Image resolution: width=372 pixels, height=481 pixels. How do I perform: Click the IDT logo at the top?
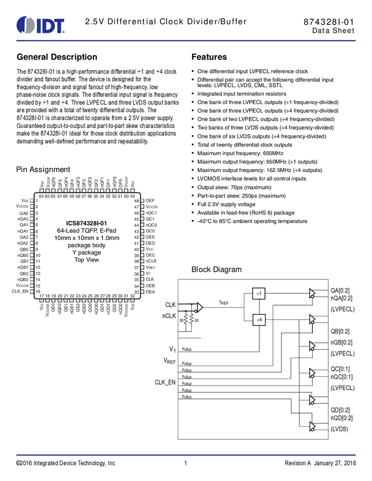41,25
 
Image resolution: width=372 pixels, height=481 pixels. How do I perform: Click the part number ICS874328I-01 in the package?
87,223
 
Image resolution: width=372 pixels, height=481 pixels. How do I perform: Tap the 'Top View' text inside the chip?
87,260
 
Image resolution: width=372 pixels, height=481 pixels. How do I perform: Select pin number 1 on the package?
37,201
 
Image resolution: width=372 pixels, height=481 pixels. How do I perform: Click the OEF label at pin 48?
150,201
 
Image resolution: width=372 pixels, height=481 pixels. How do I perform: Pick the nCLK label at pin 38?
151,261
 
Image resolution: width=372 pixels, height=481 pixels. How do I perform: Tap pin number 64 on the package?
41,196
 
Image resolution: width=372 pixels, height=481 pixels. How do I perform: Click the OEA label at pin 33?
151,291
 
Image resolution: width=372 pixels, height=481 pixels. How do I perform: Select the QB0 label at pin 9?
24,249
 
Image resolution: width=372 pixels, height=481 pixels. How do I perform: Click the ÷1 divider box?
259,294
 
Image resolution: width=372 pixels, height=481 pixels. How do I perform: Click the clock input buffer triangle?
199,307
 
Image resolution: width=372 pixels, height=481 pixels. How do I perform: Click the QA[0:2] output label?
341,290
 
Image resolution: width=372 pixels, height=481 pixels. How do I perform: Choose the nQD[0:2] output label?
342,418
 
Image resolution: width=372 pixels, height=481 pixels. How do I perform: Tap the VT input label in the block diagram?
172,349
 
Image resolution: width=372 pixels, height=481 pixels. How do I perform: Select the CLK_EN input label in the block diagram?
167,382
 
